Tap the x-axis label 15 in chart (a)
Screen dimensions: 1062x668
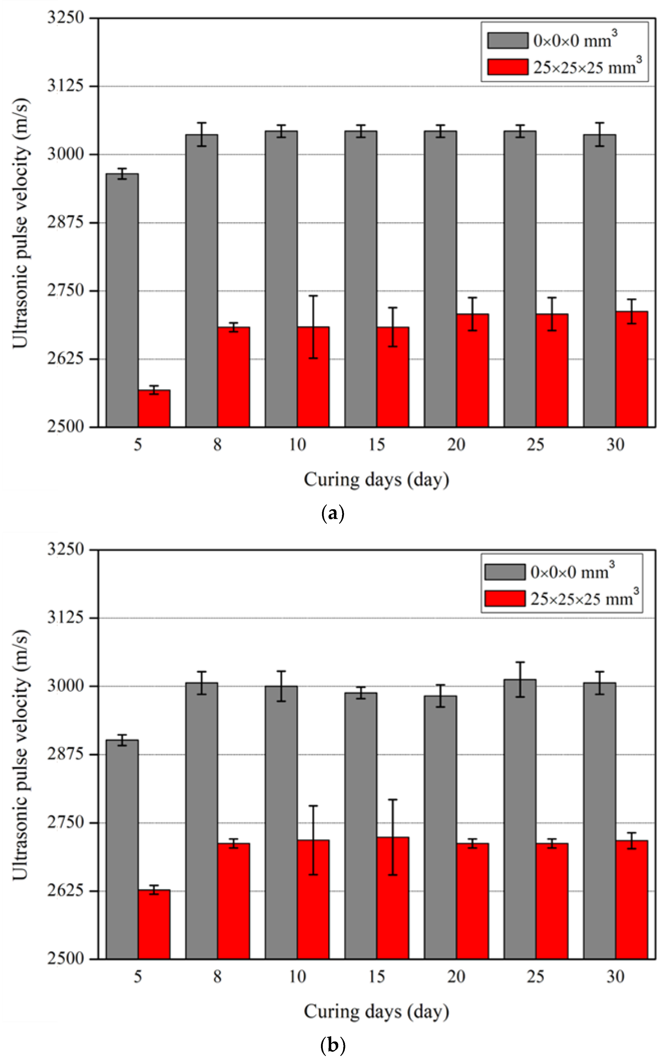pyautogui.click(x=377, y=445)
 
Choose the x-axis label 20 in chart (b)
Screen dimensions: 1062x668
pyautogui.click(x=456, y=977)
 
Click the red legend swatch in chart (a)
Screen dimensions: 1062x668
pyautogui.click(x=508, y=67)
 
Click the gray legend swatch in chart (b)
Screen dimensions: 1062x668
pyautogui.click(x=505, y=572)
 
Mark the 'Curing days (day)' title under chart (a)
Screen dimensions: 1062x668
pyautogui.click(x=376, y=479)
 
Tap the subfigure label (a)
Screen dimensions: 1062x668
pyautogui.click(x=333, y=514)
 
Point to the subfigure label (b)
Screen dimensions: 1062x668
pyautogui.click(x=333, y=1045)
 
